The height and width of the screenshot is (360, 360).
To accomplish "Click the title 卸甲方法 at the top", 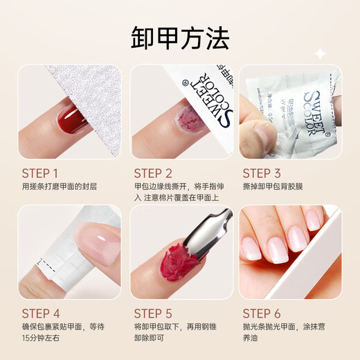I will [179, 39].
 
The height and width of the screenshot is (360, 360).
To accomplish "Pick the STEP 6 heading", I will [267, 314].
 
